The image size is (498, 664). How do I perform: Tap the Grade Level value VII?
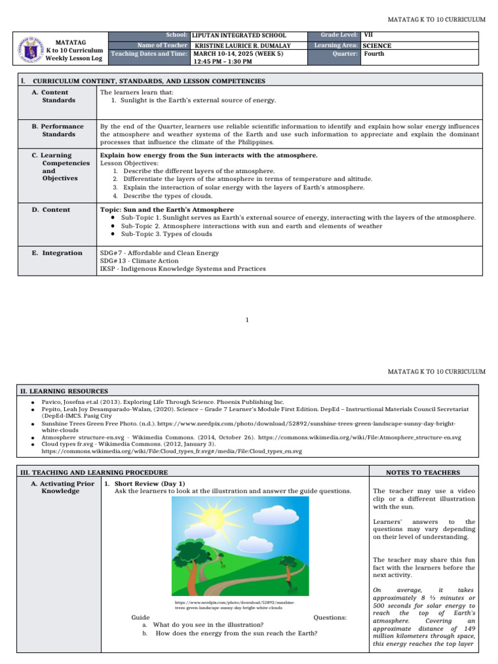pos(368,34)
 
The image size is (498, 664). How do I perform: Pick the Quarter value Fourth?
pos(374,54)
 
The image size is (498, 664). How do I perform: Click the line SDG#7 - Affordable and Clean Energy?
pos(160,252)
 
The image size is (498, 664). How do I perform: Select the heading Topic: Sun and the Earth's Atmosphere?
pos(167,209)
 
